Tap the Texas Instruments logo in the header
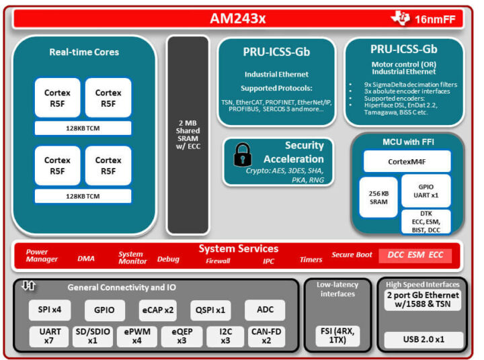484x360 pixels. pyautogui.click(x=401, y=18)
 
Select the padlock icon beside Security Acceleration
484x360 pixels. pyautogui.click(x=242, y=156)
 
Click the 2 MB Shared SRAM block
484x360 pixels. pyautogui.click(x=188, y=134)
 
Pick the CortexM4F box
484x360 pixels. pyautogui.click(x=406, y=161)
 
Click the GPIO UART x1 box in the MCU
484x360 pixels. pyautogui.click(x=426, y=190)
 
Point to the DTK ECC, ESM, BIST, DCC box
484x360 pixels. pyautogui.click(x=426, y=221)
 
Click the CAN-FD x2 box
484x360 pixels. pyautogui.click(x=266, y=336)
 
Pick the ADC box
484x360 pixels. pyautogui.click(x=264, y=310)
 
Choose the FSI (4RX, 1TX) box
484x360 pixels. pyautogui.click(x=337, y=336)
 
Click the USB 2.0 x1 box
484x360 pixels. pyautogui.click(x=424, y=339)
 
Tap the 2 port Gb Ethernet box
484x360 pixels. pyautogui.click(x=424, y=300)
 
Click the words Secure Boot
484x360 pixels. pyautogui.click(x=352, y=255)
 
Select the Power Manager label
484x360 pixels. pyautogui.click(x=42, y=256)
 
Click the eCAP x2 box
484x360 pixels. pyautogui.click(x=158, y=310)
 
